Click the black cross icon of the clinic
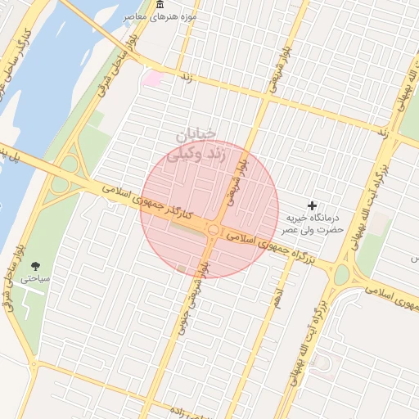click(311, 205)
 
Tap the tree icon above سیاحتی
click(36, 265)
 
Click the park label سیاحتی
click(36, 278)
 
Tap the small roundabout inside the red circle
click(213, 232)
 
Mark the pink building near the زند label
click(153, 78)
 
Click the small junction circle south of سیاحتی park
click(34, 363)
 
